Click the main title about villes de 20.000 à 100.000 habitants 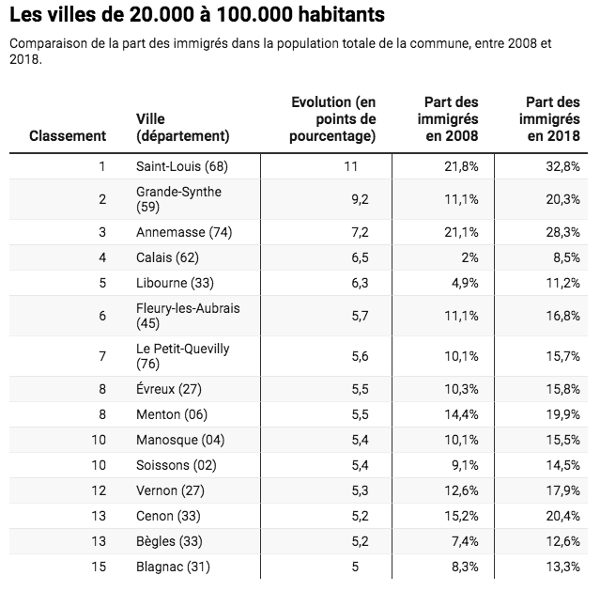pos(197,17)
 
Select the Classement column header pos(68,135)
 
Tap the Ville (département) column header pos(183,127)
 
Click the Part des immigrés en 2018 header pos(553,118)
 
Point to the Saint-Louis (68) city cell pos(183,165)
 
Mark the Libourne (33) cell pos(178,283)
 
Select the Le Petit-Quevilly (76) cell pos(182,356)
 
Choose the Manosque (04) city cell pos(181,439)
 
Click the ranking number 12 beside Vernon pos(101,490)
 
